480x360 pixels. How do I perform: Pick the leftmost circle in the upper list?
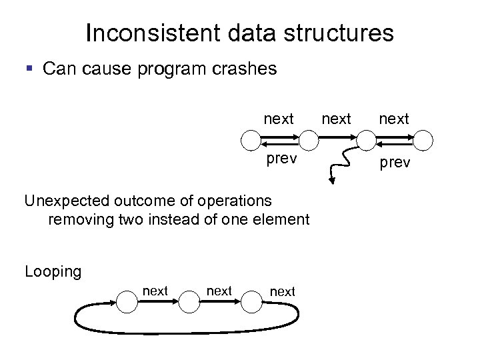[250, 140]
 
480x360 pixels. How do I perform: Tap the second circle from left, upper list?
[309, 140]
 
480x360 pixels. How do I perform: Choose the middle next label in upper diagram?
[337, 119]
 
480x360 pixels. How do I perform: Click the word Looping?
[53, 272]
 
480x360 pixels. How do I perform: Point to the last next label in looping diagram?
[283, 291]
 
